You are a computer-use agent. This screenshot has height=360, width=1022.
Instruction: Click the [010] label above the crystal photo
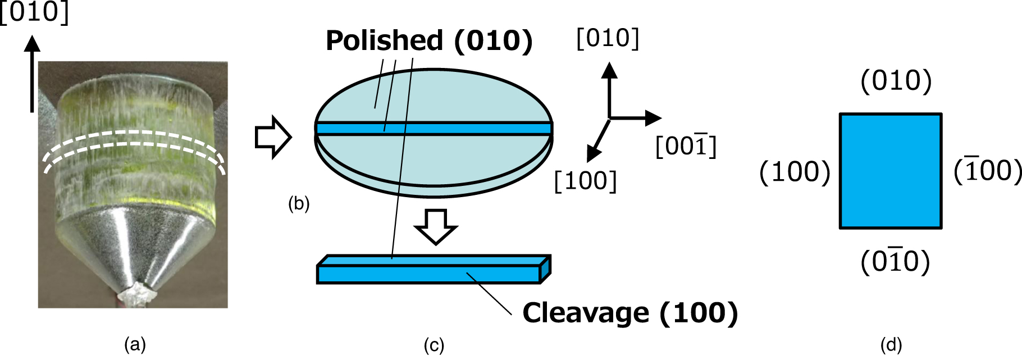pos(35,12)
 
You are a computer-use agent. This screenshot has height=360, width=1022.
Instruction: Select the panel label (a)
pos(135,344)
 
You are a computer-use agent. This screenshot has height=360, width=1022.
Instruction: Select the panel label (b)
pos(299,203)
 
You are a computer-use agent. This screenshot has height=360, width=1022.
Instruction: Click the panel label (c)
pos(434,344)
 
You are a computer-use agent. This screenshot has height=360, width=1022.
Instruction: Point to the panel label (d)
pos(891,344)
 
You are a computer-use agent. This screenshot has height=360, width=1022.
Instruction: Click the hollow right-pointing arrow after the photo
pos(273,138)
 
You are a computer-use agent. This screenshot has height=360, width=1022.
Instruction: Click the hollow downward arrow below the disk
pos(436,226)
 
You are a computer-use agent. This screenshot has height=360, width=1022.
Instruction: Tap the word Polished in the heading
pos(385,40)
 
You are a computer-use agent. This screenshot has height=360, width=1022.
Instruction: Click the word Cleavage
pos(586,313)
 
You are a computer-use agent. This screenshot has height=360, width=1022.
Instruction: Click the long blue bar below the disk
pos(430,274)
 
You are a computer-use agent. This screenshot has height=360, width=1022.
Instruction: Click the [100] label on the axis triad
pos(585,181)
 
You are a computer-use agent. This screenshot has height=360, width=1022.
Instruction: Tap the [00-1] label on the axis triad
pos(686,147)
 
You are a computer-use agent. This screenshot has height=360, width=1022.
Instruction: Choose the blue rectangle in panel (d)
pos(891,171)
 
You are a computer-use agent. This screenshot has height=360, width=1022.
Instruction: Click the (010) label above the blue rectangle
pos(896,81)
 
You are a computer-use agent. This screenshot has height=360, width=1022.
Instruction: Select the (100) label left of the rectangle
pos(795,171)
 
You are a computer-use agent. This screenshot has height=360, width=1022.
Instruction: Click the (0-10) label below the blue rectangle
pos(895,261)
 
